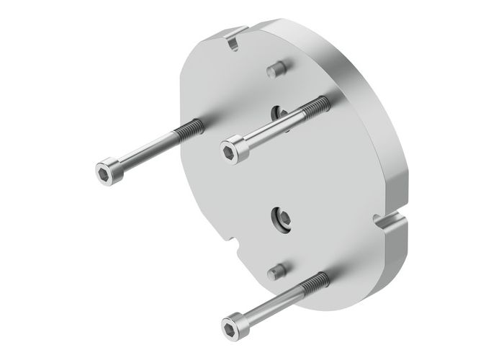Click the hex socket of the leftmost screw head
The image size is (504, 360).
(x=104, y=170)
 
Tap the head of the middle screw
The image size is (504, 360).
(x=233, y=149)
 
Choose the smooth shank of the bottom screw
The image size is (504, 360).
(x=277, y=302)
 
